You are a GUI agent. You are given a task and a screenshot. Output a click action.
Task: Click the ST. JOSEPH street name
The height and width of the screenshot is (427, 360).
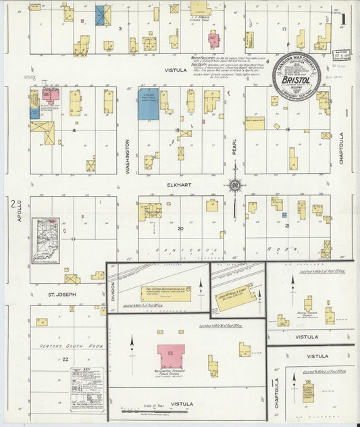61,295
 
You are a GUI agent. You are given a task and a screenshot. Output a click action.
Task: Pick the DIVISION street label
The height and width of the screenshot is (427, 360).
112,290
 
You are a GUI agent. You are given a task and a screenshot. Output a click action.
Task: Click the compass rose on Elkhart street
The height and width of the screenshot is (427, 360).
234,184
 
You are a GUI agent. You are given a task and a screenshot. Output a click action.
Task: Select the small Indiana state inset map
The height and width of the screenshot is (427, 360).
45,240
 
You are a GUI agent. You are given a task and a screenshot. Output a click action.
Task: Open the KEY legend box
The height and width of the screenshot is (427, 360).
87,389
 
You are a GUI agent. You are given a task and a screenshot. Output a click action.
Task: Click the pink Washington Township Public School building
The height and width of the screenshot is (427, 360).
171,356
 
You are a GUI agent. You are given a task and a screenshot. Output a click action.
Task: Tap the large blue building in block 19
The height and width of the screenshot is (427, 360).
148,104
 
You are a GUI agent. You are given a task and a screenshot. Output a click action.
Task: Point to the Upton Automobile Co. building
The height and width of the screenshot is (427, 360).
166,293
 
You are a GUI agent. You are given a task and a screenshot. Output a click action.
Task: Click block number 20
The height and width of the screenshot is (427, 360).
180,228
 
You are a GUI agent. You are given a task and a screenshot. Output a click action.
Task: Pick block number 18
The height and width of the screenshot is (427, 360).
287,128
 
